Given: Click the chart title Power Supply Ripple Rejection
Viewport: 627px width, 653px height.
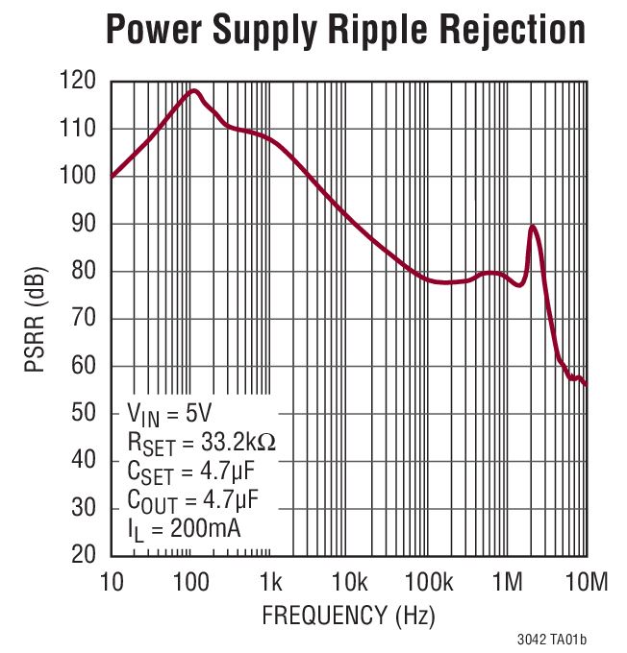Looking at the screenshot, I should pyautogui.click(x=344, y=31).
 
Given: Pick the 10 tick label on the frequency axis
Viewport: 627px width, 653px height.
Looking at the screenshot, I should pyautogui.click(x=112, y=581).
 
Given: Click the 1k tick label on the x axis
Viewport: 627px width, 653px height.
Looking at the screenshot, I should pyautogui.click(x=270, y=581).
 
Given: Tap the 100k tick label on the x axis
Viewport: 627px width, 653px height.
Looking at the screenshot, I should pyautogui.click(x=429, y=581).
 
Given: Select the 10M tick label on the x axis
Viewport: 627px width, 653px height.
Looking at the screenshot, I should pyautogui.click(x=587, y=581).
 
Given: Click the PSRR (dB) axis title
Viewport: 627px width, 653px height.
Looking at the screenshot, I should pyautogui.click(x=37, y=320).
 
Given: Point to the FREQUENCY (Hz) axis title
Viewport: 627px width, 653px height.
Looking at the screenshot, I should pyautogui.click(x=349, y=615).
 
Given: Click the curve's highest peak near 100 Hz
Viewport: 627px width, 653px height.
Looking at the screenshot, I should pyautogui.click(x=194, y=91).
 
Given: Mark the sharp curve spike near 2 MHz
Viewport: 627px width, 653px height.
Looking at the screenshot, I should pyautogui.click(x=532, y=228).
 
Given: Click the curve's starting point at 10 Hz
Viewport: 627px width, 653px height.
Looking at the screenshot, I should pyautogui.click(x=113, y=176).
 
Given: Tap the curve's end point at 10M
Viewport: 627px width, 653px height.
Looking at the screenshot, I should pyautogui.click(x=586, y=384).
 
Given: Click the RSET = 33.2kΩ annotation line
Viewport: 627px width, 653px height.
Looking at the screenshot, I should pyautogui.click(x=203, y=443).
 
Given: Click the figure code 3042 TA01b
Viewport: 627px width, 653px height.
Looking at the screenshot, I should pyautogui.click(x=549, y=639).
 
